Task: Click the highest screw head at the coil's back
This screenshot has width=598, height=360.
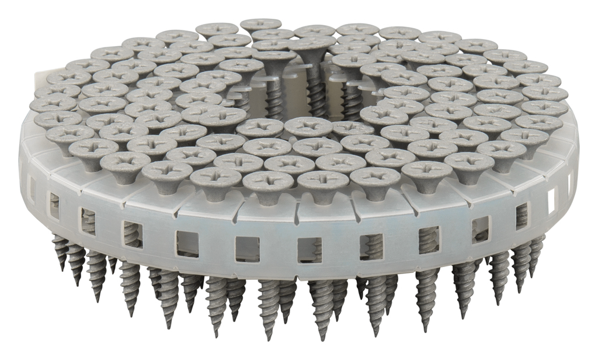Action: point(260,25)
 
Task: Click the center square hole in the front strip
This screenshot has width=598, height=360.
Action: point(310,250)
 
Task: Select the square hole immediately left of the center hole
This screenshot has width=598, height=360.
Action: point(247,249)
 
